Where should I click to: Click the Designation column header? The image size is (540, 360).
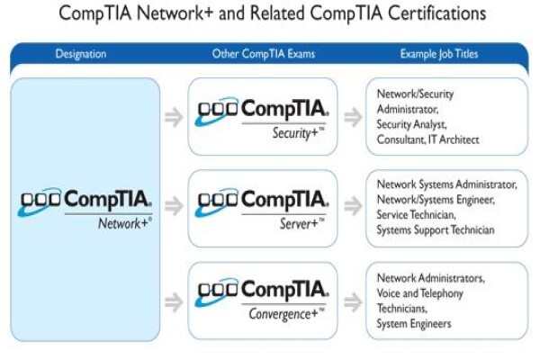coord(81,54)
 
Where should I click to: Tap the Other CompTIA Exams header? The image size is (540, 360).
coord(264,54)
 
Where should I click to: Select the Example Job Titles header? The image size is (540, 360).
coord(439,54)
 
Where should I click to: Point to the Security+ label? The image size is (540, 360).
coord(298,133)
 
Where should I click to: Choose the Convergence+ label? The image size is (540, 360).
coord(286,314)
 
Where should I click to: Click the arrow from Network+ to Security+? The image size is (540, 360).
coord(174,117)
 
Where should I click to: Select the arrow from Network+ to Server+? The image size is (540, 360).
coord(174,206)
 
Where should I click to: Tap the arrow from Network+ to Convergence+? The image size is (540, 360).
coord(174,302)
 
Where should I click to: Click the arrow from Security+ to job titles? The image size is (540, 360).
coord(353,117)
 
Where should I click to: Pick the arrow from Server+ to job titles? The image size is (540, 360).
coord(353,206)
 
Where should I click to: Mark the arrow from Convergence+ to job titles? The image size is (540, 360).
coord(353,302)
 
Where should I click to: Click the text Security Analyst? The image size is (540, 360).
coord(411,125)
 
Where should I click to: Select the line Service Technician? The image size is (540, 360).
coord(416,215)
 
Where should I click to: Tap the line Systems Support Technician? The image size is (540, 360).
coord(436,230)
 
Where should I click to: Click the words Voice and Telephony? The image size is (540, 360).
coord(419,293)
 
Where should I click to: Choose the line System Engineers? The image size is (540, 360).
coord(414,324)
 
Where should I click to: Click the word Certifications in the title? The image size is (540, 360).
coord(437,13)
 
